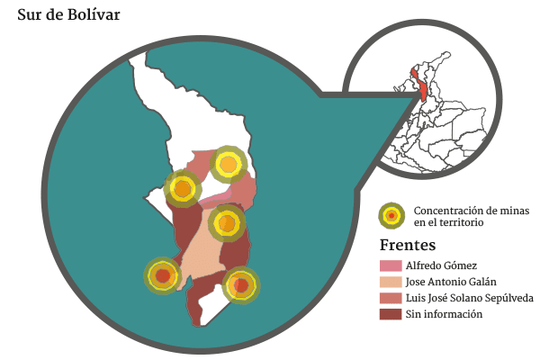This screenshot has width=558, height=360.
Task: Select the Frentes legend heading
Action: (407, 245)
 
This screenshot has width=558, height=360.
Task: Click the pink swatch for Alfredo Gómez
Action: (390, 265)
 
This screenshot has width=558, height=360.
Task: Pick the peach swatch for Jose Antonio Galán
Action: (390, 282)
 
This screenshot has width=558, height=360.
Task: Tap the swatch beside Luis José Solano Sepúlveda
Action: (390, 298)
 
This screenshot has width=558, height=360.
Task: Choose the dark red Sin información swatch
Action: (390, 314)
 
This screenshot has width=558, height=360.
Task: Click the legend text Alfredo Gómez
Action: (440, 265)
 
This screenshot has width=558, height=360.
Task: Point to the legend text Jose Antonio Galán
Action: (451, 282)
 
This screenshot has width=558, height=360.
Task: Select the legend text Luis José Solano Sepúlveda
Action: (469, 298)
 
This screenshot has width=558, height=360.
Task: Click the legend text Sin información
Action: (444, 314)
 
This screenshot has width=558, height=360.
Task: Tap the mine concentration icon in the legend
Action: (391, 215)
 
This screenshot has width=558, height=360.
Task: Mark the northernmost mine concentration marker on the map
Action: (228, 164)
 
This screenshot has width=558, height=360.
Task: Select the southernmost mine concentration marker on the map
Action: (240, 285)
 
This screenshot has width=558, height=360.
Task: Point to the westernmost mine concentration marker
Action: (162, 275)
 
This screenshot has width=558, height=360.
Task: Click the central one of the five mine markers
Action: (227, 222)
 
